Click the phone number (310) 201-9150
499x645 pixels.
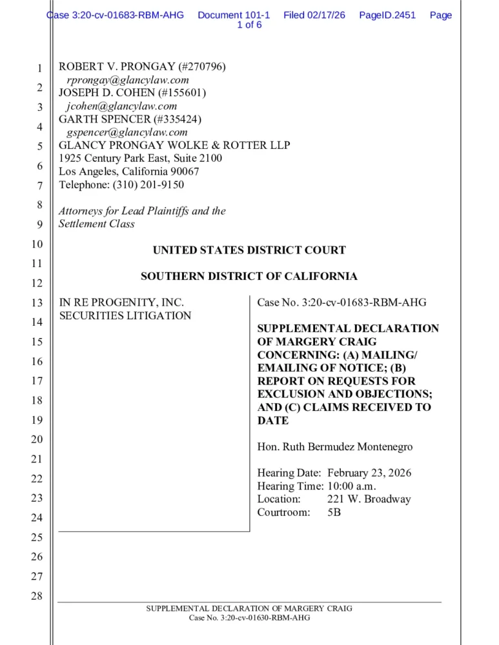pyautogui.click(x=148, y=185)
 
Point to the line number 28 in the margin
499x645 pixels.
pyautogui.click(x=37, y=596)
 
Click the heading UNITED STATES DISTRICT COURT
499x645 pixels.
pyautogui.click(x=249, y=250)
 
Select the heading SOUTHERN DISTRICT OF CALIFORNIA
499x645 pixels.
pyautogui.click(x=249, y=277)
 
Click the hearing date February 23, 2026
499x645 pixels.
pyautogui.click(x=369, y=473)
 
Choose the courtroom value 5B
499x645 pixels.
pyautogui.click(x=334, y=513)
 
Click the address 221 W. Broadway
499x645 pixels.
pyautogui.click(x=369, y=499)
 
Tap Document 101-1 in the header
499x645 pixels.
pyautogui.click(x=234, y=15)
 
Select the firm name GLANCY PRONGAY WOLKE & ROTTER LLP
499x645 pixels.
pyautogui.click(x=174, y=146)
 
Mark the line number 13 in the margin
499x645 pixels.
pyautogui.click(x=37, y=303)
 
